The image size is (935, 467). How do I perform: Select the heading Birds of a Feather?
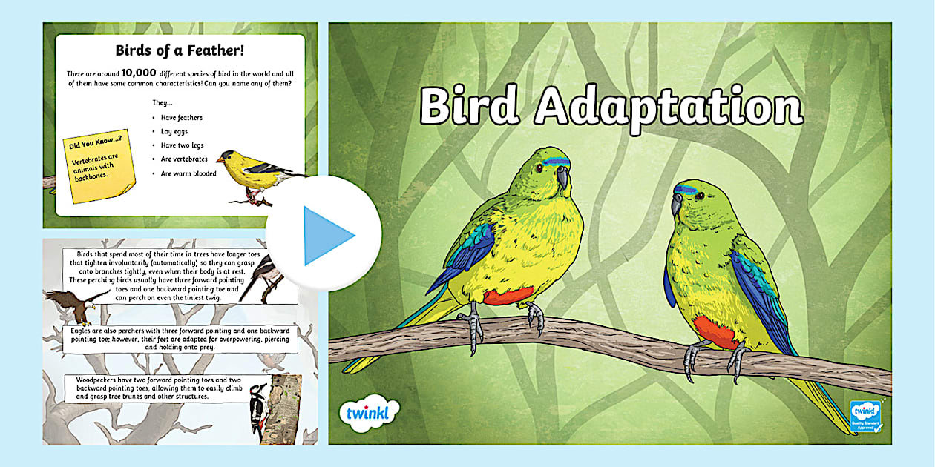(x=180, y=50)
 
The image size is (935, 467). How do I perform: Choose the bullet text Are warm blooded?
(x=188, y=173)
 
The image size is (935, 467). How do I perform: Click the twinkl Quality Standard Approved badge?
(x=866, y=416)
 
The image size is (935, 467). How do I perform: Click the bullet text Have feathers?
(x=182, y=117)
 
